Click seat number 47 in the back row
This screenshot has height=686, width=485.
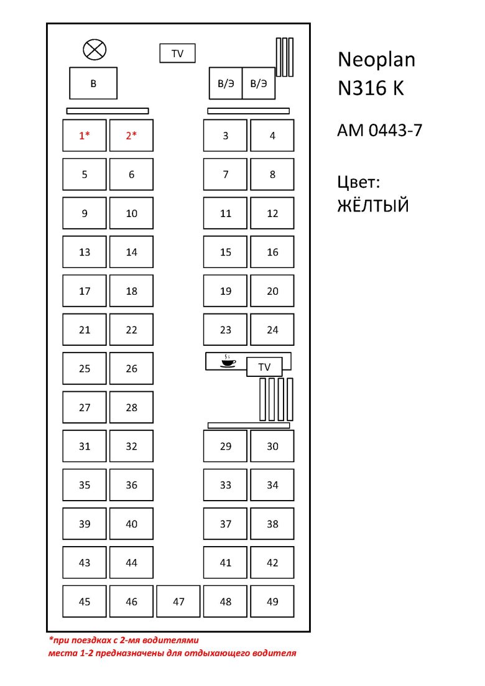[x=178, y=601]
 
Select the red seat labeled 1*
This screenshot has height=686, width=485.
[x=85, y=136]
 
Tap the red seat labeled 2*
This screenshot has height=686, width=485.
[x=131, y=136]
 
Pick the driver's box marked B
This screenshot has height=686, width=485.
[x=93, y=83]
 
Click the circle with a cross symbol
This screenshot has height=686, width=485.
[x=95, y=49]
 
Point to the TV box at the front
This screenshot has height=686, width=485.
[x=177, y=53]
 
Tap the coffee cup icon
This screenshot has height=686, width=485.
[x=228, y=361]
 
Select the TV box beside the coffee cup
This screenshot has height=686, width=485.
[x=264, y=367]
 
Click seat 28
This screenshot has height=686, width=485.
[x=131, y=407]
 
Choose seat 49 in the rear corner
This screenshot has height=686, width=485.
[x=272, y=601]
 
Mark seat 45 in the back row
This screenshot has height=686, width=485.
[x=85, y=601]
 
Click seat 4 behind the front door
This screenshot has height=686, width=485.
[x=272, y=136]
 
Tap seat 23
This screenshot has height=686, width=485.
[x=226, y=330]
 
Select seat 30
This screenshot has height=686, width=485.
[x=272, y=446]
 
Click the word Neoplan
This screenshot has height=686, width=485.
[x=376, y=60]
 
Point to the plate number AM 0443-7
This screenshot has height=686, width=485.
[x=379, y=131]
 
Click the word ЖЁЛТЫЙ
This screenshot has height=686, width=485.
[x=373, y=205]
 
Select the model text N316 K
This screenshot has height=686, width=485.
[x=371, y=89]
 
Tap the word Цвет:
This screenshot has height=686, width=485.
[x=358, y=182]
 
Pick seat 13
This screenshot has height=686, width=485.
[x=85, y=252]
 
